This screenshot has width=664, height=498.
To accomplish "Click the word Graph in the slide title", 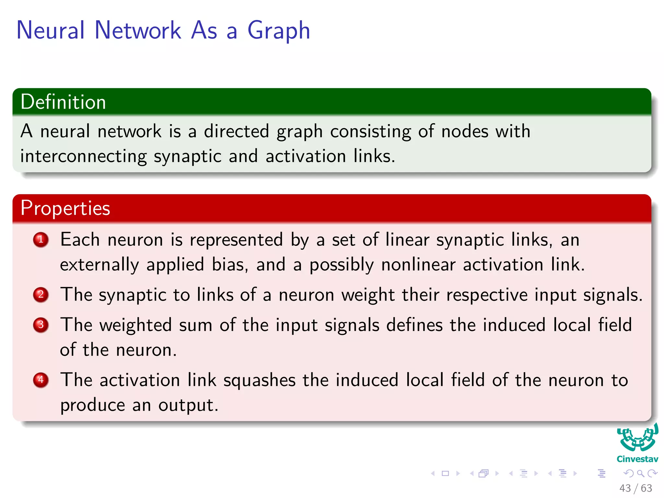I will click(279, 31).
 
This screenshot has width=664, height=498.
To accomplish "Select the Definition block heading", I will click(63, 102).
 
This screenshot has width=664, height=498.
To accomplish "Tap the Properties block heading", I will click(65, 208).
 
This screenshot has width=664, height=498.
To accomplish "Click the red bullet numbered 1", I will click(41, 240).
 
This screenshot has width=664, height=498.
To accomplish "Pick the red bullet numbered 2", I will click(41, 294).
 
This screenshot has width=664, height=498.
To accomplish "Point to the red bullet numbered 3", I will click(41, 325).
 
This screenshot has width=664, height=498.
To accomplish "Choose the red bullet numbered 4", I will click(41, 380).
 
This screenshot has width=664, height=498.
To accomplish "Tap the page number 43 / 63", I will click(635, 488).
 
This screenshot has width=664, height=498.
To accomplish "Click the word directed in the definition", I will click(236, 131).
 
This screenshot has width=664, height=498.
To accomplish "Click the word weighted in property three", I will click(136, 325).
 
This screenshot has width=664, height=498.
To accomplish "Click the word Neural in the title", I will click(51, 30).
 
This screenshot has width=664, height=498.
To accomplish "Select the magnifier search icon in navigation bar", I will click(640, 473).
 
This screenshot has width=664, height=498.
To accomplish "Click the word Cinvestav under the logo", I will click(637, 459).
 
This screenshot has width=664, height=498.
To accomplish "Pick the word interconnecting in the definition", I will click(83, 157).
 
